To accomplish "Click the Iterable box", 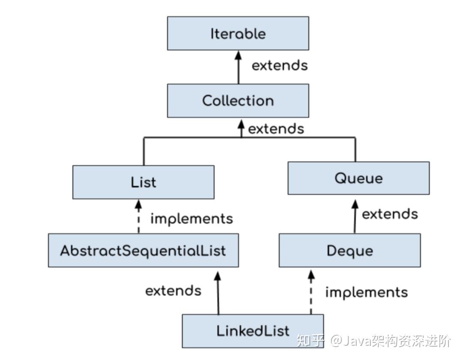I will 238,33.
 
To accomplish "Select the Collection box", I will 238,101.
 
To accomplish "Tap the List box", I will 143,182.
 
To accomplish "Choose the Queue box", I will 358,178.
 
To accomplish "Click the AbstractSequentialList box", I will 143,251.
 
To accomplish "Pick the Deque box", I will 349,251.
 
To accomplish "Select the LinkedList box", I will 253,331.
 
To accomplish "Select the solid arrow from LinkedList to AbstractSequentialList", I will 218,292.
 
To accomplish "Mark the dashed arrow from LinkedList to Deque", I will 311,292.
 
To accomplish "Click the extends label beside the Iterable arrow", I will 280,66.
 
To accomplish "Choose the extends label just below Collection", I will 276,129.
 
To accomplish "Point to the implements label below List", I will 192,218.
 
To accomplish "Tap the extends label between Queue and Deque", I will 390,214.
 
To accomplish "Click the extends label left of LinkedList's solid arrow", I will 173,290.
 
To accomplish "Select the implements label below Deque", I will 367,292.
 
